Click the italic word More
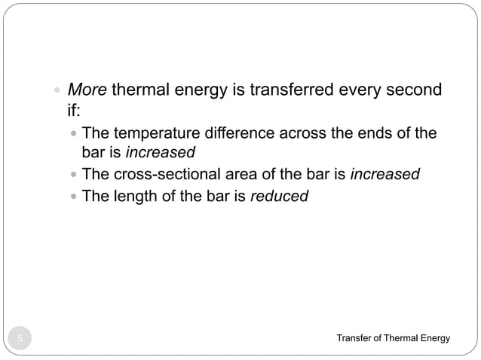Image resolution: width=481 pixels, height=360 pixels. coord(87,92)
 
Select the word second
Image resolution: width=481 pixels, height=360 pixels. coord(415,92)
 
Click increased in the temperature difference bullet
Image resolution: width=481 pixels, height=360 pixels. coord(160,154)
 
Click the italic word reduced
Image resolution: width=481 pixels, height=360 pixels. coord(280,196)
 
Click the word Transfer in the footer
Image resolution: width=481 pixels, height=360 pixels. coord(355,338)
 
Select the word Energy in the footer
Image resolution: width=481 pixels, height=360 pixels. coord(434,338)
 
